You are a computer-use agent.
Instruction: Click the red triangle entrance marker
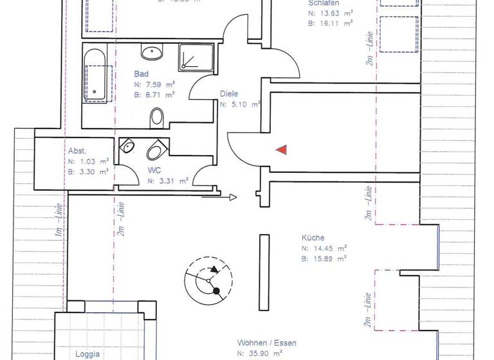click(x=281, y=150)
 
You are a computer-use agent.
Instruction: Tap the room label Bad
click(x=141, y=74)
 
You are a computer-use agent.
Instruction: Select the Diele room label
click(x=228, y=93)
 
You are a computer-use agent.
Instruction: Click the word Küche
click(x=312, y=237)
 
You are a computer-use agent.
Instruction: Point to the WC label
click(x=154, y=170)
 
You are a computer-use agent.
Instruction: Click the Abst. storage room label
click(x=77, y=151)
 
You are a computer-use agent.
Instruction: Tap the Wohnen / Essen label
click(x=266, y=343)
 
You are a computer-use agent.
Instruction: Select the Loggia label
click(x=87, y=354)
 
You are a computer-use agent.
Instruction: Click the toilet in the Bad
click(x=156, y=118)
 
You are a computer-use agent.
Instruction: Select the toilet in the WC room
click(x=156, y=151)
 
